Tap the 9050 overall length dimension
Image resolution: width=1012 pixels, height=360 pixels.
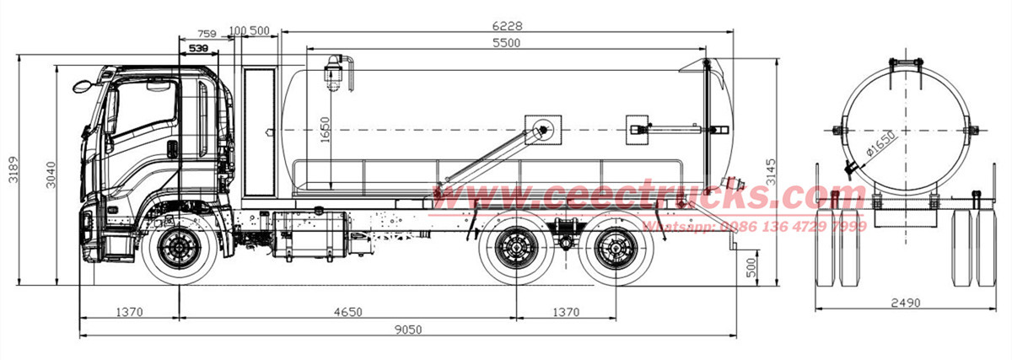click(407, 329)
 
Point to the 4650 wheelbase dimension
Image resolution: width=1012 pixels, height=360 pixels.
click(347, 312)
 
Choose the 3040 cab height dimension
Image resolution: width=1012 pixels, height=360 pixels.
click(50, 173)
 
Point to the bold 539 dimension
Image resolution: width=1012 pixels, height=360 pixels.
click(198, 49)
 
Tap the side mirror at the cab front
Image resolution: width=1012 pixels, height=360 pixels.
click(83, 86)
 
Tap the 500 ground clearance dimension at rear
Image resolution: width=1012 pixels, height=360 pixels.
click(751, 268)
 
